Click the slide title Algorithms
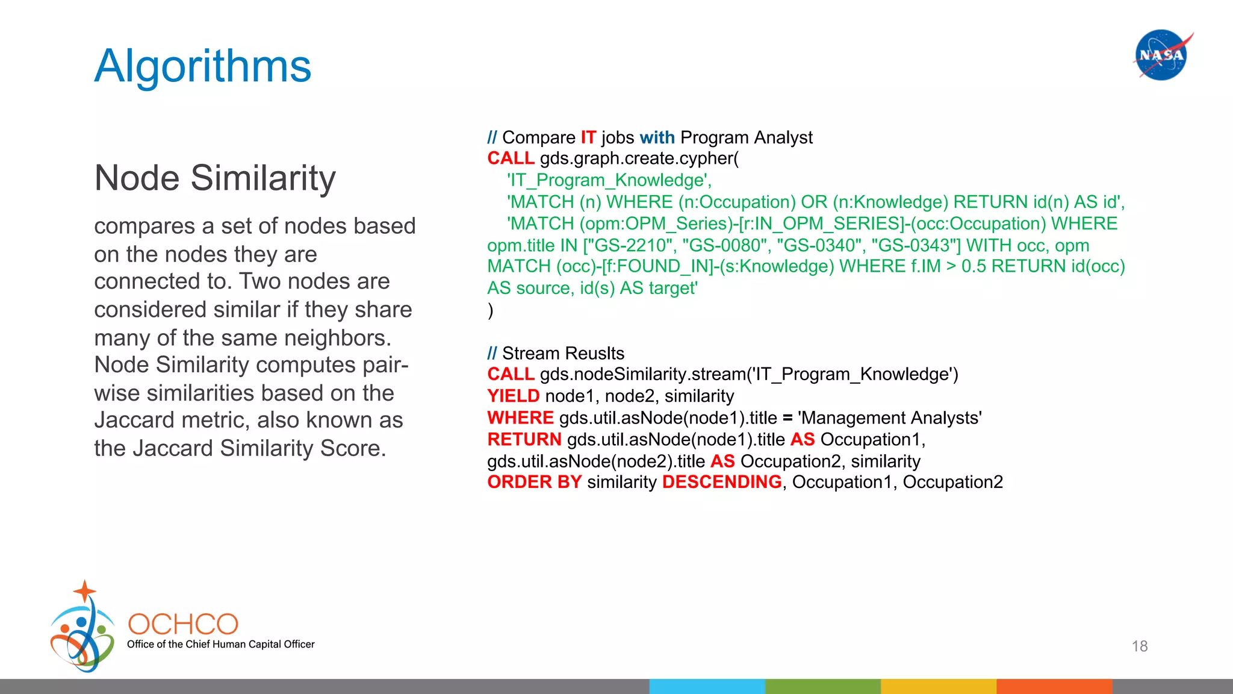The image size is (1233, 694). click(203, 66)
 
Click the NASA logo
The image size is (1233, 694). click(1161, 55)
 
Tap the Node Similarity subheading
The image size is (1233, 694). click(215, 178)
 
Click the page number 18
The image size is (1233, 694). click(1139, 646)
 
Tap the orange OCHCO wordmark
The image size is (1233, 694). click(183, 624)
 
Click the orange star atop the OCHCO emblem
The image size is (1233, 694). click(85, 591)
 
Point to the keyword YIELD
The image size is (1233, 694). click(513, 396)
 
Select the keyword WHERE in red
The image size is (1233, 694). click(520, 417)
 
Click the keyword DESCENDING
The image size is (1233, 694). click(721, 482)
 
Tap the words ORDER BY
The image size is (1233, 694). click(534, 482)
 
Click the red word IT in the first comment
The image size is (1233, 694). click(588, 137)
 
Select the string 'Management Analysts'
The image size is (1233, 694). click(889, 417)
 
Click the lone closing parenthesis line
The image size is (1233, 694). click(491, 310)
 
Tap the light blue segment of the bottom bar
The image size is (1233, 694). click(707, 686)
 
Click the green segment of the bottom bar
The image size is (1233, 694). click(822, 686)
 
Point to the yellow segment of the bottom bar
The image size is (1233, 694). click(938, 686)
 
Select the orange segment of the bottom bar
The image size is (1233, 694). click(1054, 686)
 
